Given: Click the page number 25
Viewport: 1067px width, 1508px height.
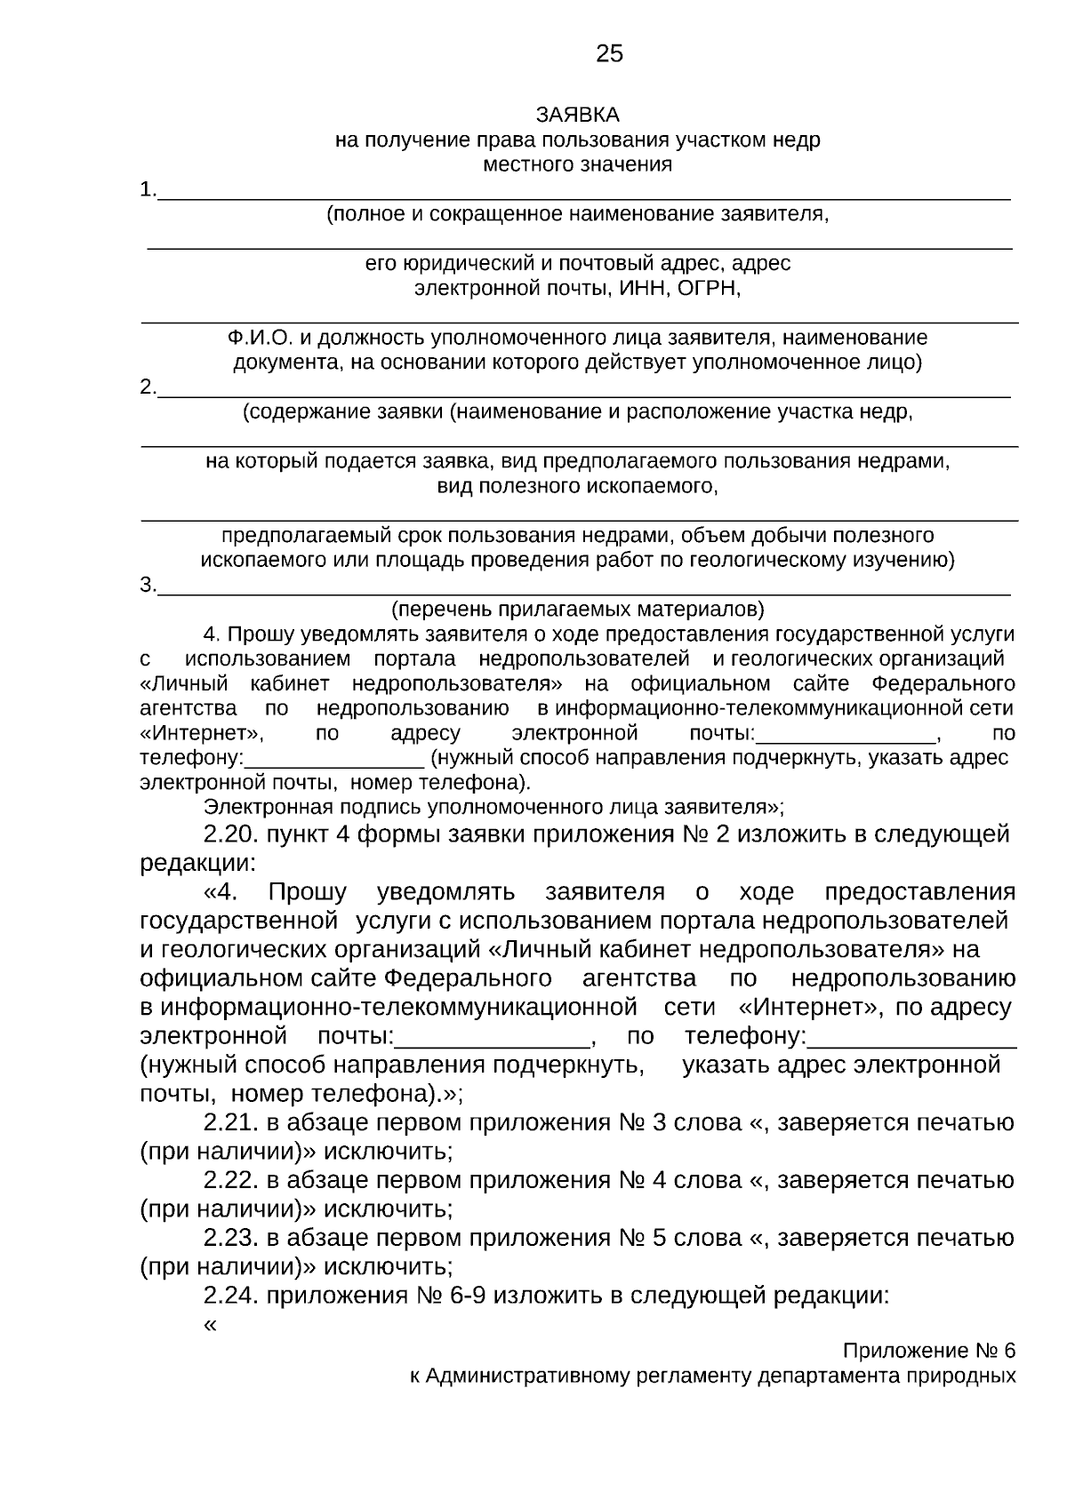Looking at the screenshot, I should click(609, 54).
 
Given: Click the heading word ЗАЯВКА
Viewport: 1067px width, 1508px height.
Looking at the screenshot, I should click(577, 116).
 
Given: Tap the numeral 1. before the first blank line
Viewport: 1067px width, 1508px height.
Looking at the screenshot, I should click(148, 190).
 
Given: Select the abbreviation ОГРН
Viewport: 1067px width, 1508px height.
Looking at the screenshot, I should click(708, 289).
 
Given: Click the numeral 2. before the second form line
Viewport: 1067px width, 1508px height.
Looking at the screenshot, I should click(148, 387).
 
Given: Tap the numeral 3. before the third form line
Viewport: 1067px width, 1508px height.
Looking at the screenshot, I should click(148, 585).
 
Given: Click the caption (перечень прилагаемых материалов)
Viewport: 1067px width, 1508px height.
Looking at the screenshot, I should click(578, 610).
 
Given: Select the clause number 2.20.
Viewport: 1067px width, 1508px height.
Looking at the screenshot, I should click(231, 834).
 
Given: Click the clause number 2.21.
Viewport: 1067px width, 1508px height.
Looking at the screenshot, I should click(231, 1122).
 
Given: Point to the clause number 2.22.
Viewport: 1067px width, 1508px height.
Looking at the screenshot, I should click(231, 1180).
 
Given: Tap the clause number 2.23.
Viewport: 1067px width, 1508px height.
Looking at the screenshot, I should click(231, 1238).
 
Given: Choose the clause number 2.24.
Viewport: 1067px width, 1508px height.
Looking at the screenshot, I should click(231, 1296).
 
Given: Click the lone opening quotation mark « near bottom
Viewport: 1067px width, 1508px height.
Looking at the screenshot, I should click(211, 1325).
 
